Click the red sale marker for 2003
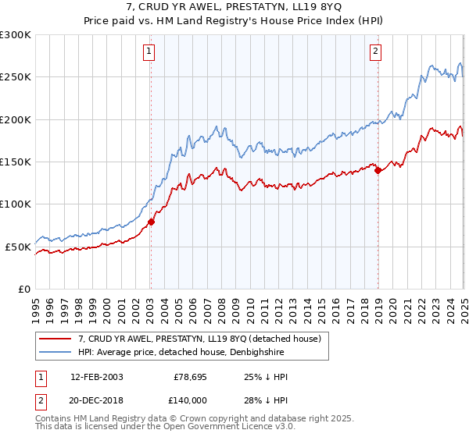coord(151,222)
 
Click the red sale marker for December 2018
coord(378,170)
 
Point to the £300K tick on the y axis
coord(16,35)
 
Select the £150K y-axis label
coord(16,162)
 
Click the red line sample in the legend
coord(55,339)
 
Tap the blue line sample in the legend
coord(55,352)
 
